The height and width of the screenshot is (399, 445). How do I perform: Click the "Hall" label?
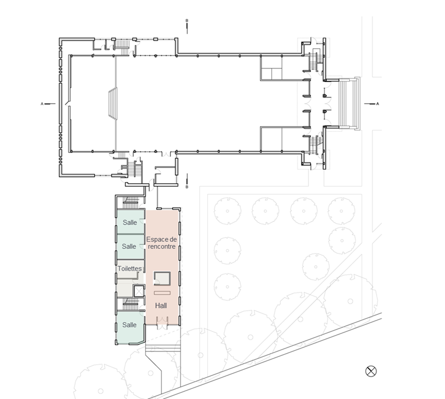coord(161,305)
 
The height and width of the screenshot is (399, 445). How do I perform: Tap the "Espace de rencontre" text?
coord(161,243)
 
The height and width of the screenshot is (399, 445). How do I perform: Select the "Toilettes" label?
coord(129,268)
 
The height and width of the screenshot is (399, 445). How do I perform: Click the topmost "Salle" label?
coord(129,222)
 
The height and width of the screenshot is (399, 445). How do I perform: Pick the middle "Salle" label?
coord(129,247)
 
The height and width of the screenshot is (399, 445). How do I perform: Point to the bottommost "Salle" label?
coord(129,324)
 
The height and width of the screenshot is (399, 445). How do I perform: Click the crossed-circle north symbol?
coord(370,371)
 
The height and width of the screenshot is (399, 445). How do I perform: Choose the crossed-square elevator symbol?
coord(139,291)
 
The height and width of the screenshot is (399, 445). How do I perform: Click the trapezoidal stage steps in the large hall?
coord(113,104)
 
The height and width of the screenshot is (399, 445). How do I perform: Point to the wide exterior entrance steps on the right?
coord(350,104)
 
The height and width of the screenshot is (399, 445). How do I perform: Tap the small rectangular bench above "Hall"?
coord(162,293)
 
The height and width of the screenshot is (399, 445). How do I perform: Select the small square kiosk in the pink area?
coord(162,279)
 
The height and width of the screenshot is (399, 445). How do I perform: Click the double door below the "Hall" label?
coord(163,327)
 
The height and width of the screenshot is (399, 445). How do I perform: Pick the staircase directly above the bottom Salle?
coord(130,304)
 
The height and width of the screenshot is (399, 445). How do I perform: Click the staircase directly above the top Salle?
coord(130,203)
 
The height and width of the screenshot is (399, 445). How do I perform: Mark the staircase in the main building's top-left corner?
coord(122,48)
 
